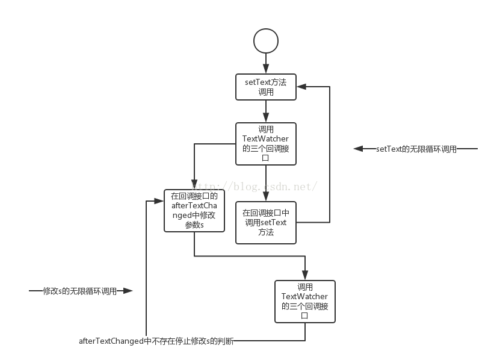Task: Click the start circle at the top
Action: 266,40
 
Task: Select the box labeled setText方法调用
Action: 266,87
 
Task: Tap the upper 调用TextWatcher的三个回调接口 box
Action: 266,144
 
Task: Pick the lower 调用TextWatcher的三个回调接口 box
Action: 305,301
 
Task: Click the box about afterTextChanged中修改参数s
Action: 194,210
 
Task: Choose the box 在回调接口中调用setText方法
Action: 266,222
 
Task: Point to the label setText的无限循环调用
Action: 416,149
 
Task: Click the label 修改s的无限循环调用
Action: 79,291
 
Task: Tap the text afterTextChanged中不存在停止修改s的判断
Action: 156,341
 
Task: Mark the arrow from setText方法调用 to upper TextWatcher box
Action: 266,111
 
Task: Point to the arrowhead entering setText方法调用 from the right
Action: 301,87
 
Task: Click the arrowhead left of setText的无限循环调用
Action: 358,149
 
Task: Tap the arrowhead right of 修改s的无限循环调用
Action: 128,291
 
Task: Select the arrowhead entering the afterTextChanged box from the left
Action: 160,200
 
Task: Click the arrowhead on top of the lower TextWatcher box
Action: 305,276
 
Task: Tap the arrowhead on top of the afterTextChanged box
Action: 194,185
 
